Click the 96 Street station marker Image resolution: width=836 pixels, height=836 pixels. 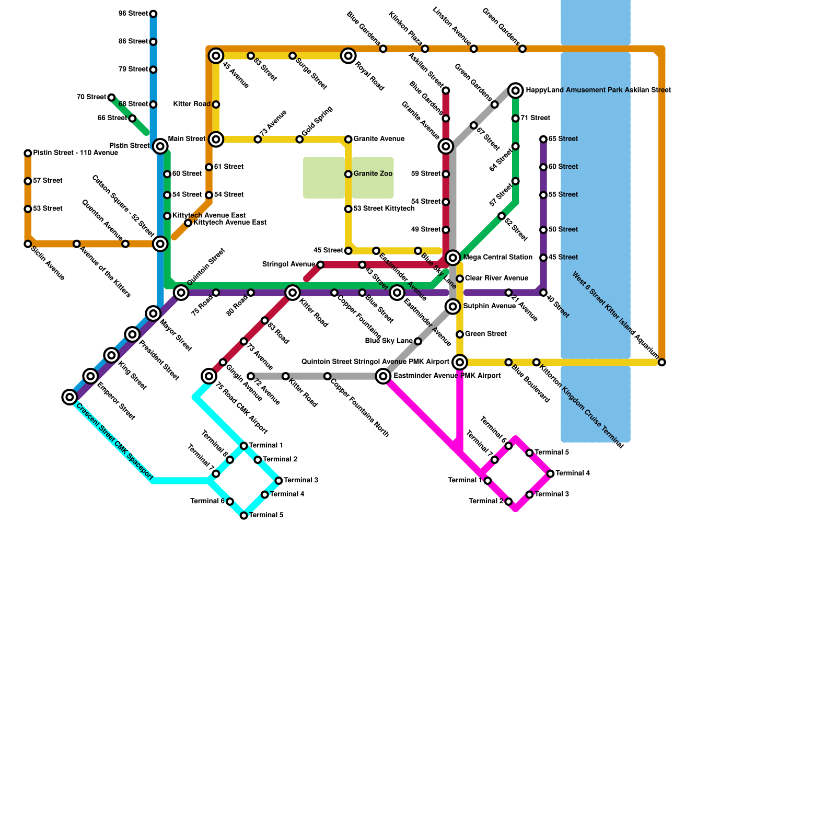point(153,14)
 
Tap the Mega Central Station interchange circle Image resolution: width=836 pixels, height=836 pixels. point(453,258)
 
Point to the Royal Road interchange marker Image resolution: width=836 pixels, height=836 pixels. point(349,56)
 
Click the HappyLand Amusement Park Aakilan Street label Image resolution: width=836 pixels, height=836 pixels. point(598,90)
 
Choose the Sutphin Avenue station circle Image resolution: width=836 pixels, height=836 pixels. point(453,306)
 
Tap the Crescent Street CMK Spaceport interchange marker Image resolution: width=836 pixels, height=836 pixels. point(69,397)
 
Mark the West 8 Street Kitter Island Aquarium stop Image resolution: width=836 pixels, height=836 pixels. point(662,362)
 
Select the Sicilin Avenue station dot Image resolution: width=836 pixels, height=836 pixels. point(28,244)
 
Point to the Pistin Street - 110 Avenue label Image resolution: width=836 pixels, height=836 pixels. point(75,153)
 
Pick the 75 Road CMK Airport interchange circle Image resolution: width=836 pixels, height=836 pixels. point(209,376)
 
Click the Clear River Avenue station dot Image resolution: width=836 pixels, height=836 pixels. point(460,278)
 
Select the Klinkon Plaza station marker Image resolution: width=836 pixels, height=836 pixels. point(425,49)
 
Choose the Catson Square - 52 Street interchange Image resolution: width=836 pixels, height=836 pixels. point(160,243)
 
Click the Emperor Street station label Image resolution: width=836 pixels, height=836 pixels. point(116,401)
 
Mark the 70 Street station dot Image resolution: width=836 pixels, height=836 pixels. point(111,97)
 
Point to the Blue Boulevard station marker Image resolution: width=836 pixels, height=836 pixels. point(508,362)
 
